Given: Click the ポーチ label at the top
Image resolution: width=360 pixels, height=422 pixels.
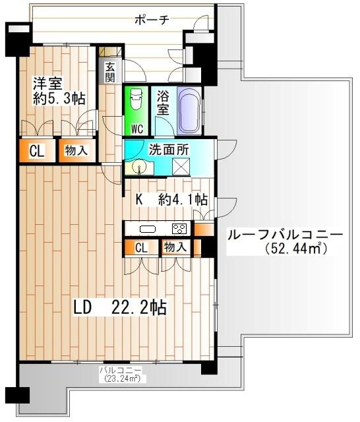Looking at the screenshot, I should click(152, 19).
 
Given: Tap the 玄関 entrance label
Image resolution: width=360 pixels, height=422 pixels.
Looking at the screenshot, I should click(109, 72).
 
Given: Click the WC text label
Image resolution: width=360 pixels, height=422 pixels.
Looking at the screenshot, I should click(136, 128).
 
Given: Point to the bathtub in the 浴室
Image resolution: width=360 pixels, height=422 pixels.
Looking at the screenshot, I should click(189, 108).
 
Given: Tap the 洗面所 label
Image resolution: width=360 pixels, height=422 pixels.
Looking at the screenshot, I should click(169, 149).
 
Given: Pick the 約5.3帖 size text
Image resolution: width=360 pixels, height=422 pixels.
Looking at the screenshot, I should click(59, 100).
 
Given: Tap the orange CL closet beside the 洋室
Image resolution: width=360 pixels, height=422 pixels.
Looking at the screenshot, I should click(36, 151).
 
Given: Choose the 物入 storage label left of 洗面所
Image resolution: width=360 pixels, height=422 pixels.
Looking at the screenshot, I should click(75, 151).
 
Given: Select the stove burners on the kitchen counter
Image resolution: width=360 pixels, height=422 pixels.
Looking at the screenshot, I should click(179, 229).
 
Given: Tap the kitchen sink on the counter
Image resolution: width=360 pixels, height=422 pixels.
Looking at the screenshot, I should click(146, 229).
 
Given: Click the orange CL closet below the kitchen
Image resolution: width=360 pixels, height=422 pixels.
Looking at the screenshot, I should click(141, 248).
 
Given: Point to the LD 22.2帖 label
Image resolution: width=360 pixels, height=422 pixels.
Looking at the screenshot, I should click(119, 307).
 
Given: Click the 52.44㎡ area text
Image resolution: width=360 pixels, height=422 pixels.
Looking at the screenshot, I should click(297, 249).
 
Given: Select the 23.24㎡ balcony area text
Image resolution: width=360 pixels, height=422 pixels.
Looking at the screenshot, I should click(121, 379).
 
